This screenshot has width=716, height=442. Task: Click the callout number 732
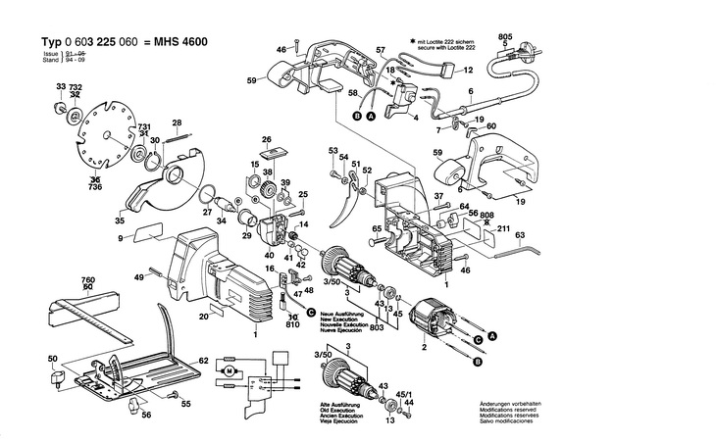(x=77, y=88)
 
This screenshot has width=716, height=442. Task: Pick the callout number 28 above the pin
(x=177, y=123)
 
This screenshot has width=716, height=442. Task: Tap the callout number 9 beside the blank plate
(x=121, y=238)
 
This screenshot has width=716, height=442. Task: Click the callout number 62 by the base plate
(x=203, y=360)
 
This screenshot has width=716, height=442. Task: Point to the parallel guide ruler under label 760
(x=93, y=314)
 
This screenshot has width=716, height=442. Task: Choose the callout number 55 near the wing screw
(x=186, y=404)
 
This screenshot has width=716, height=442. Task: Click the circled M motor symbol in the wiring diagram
(x=230, y=372)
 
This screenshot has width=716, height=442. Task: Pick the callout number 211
(x=503, y=229)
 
